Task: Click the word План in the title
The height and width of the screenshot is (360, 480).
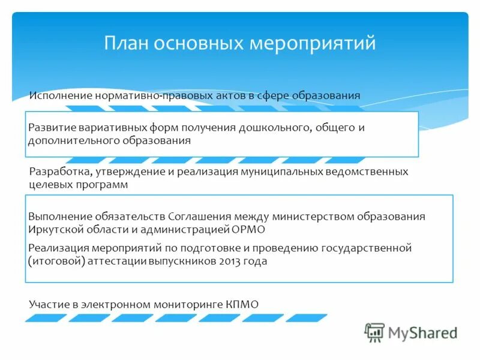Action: coord(128,43)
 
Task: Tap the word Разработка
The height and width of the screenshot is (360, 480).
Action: coord(59,172)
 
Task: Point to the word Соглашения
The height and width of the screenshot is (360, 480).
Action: coord(198,217)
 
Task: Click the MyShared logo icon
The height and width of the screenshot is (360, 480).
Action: coord(375,332)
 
